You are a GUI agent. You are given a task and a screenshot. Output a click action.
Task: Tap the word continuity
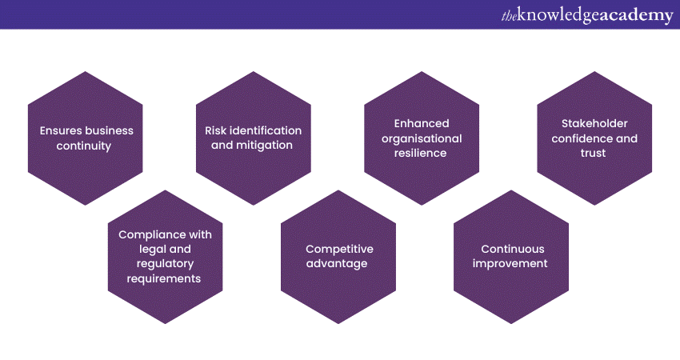(x=84, y=146)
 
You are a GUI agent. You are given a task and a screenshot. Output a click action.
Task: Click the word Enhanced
(x=422, y=123)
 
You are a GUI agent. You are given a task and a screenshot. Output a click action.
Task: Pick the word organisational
(x=422, y=138)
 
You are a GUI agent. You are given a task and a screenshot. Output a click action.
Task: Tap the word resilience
(x=422, y=153)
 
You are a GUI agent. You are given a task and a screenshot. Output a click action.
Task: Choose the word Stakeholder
(x=594, y=123)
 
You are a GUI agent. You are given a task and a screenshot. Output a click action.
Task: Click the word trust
(x=594, y=153)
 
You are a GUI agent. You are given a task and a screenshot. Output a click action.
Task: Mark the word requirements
(x=165, y=278)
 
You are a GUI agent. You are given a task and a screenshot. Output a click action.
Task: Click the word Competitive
(x=338, y=249)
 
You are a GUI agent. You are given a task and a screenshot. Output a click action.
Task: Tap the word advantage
(x=338, y=264)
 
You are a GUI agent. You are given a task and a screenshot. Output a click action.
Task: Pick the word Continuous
(x=511, y=249)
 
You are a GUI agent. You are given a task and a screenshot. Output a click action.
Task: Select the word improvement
(x=510, y=264)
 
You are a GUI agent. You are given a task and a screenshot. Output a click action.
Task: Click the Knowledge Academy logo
(x=587, y=15)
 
